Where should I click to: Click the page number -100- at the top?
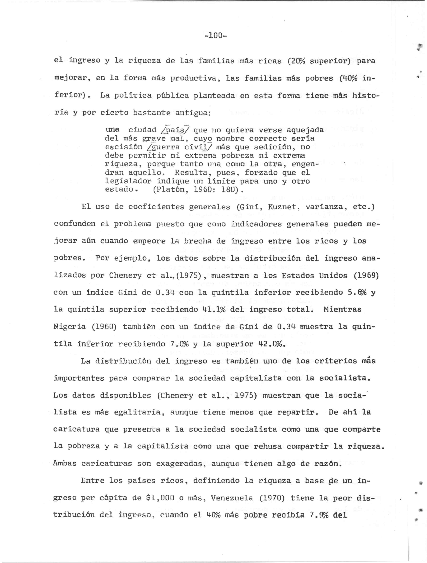[215, 35]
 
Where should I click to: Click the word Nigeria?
[69, 327]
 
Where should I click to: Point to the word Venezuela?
[232, 498]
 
